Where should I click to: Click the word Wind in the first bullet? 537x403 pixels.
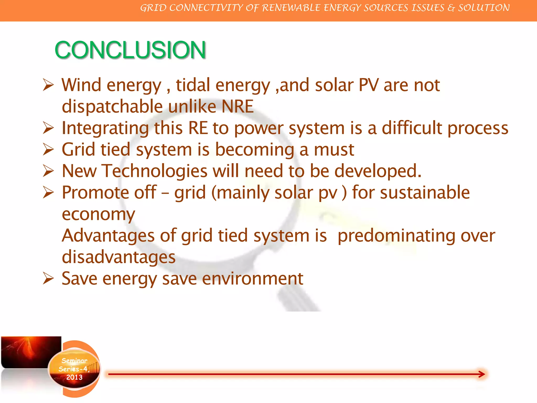81,85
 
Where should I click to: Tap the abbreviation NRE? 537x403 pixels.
238,107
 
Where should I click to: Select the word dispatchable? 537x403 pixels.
112,107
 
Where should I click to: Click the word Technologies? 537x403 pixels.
154,171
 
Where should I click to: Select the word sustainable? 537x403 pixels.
425,193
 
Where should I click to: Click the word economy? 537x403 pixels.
98,215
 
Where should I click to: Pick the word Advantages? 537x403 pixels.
108,236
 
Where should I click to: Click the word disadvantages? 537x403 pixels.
119,257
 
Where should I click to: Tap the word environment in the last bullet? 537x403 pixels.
253,279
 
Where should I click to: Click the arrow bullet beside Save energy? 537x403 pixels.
48,279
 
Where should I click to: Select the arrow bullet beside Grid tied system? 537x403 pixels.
48,150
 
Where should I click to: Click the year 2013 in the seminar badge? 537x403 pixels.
74,377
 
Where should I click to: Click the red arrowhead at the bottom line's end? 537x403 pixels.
481,374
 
